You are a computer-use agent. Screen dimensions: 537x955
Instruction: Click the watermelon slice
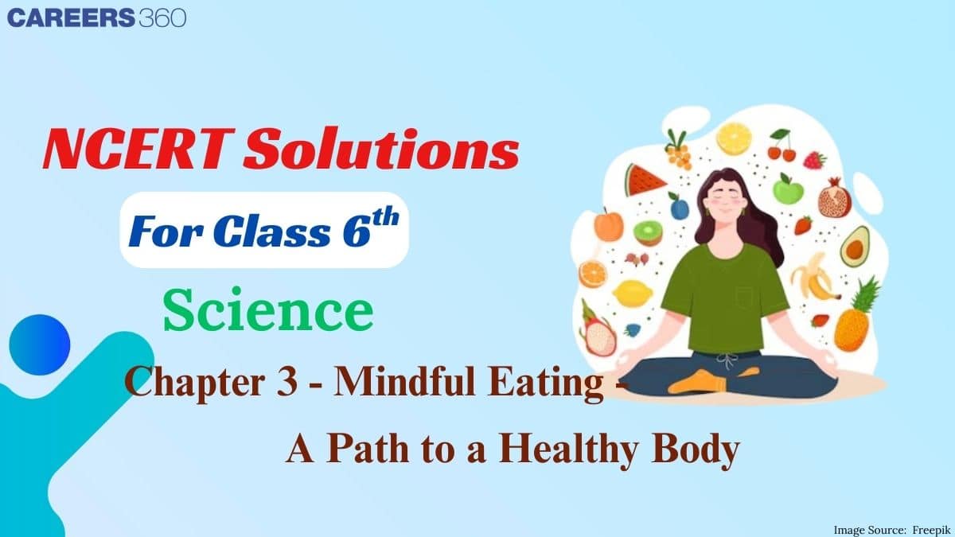click(645, 181)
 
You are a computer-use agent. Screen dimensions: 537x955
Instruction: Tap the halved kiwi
click(648, 233)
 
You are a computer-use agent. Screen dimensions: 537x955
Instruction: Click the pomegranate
click(834, 198)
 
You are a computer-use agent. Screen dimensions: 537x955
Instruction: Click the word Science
click(268, 313)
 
